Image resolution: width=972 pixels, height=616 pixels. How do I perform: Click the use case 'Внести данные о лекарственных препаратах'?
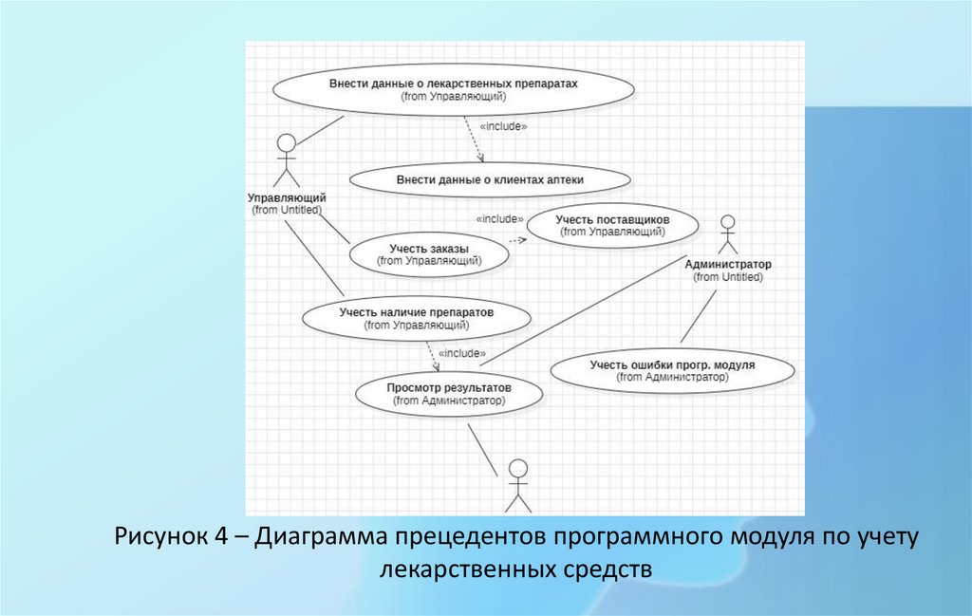pyautogui.click(x=454, y=89)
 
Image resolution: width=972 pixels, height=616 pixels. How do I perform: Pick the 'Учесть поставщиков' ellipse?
pyautogui.click(x=612, y=224)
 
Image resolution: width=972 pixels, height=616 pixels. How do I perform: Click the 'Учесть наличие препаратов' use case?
pyautogui.click(x=417, y=317)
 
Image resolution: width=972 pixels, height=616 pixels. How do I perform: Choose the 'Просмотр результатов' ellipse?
pyautogui.click(x=449, y=394)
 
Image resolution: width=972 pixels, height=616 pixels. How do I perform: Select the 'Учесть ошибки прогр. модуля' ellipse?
pyautogui.click(x=672, y=370)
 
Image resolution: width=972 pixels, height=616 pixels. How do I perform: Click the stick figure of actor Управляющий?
pyautogui.click(x=286, y=160)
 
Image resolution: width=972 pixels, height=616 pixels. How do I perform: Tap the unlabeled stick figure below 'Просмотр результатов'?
pyautogui.click(x=517, y=485)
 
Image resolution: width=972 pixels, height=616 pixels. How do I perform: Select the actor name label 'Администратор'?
pyautogui.click(x=728, y=264)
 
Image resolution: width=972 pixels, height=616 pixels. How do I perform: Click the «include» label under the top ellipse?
pyautogui.click(x=503, y=126)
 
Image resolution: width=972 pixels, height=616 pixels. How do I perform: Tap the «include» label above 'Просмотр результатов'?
pyautogui.click(x=462, y=353)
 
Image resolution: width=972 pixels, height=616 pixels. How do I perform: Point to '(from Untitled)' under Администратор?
pyautogui.click(x=728, y=277)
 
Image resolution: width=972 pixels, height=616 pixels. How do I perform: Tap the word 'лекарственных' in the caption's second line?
pyautogui.click(x=459, y=569)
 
